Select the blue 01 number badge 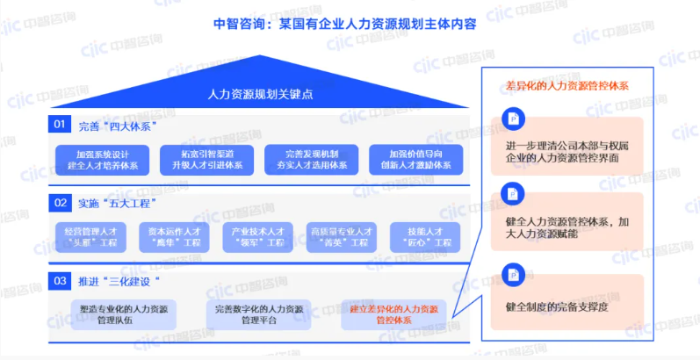tap(60, 125)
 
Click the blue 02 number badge tap(60, 203)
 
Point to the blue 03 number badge tap(60, 280)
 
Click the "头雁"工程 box tap(91, 236)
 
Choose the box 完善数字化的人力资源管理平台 tap(259, 314)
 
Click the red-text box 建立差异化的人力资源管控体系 tap(393, 314)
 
